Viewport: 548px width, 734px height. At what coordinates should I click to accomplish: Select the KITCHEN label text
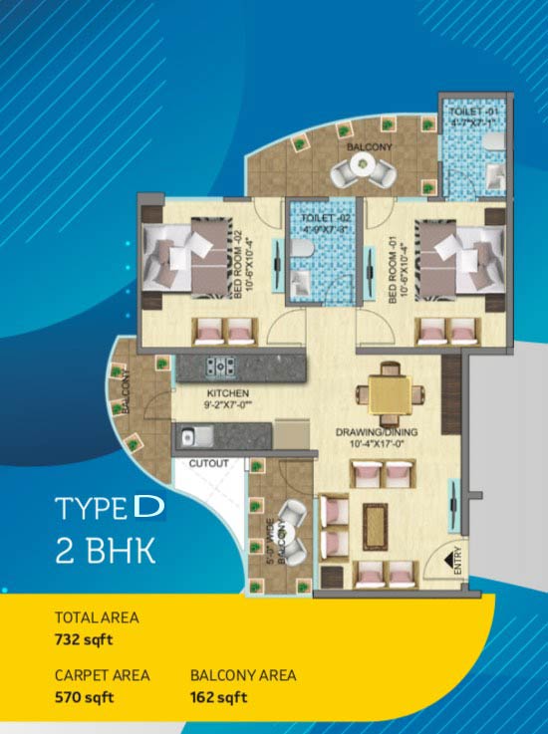point(219,392)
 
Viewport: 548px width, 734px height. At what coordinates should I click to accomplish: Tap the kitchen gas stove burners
point(220,367)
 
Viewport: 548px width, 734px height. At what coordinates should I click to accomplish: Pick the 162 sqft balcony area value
point(217,696)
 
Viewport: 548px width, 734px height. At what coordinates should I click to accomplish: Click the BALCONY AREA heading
point(243,675)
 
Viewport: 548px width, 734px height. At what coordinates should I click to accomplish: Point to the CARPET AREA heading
point(102,675)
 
